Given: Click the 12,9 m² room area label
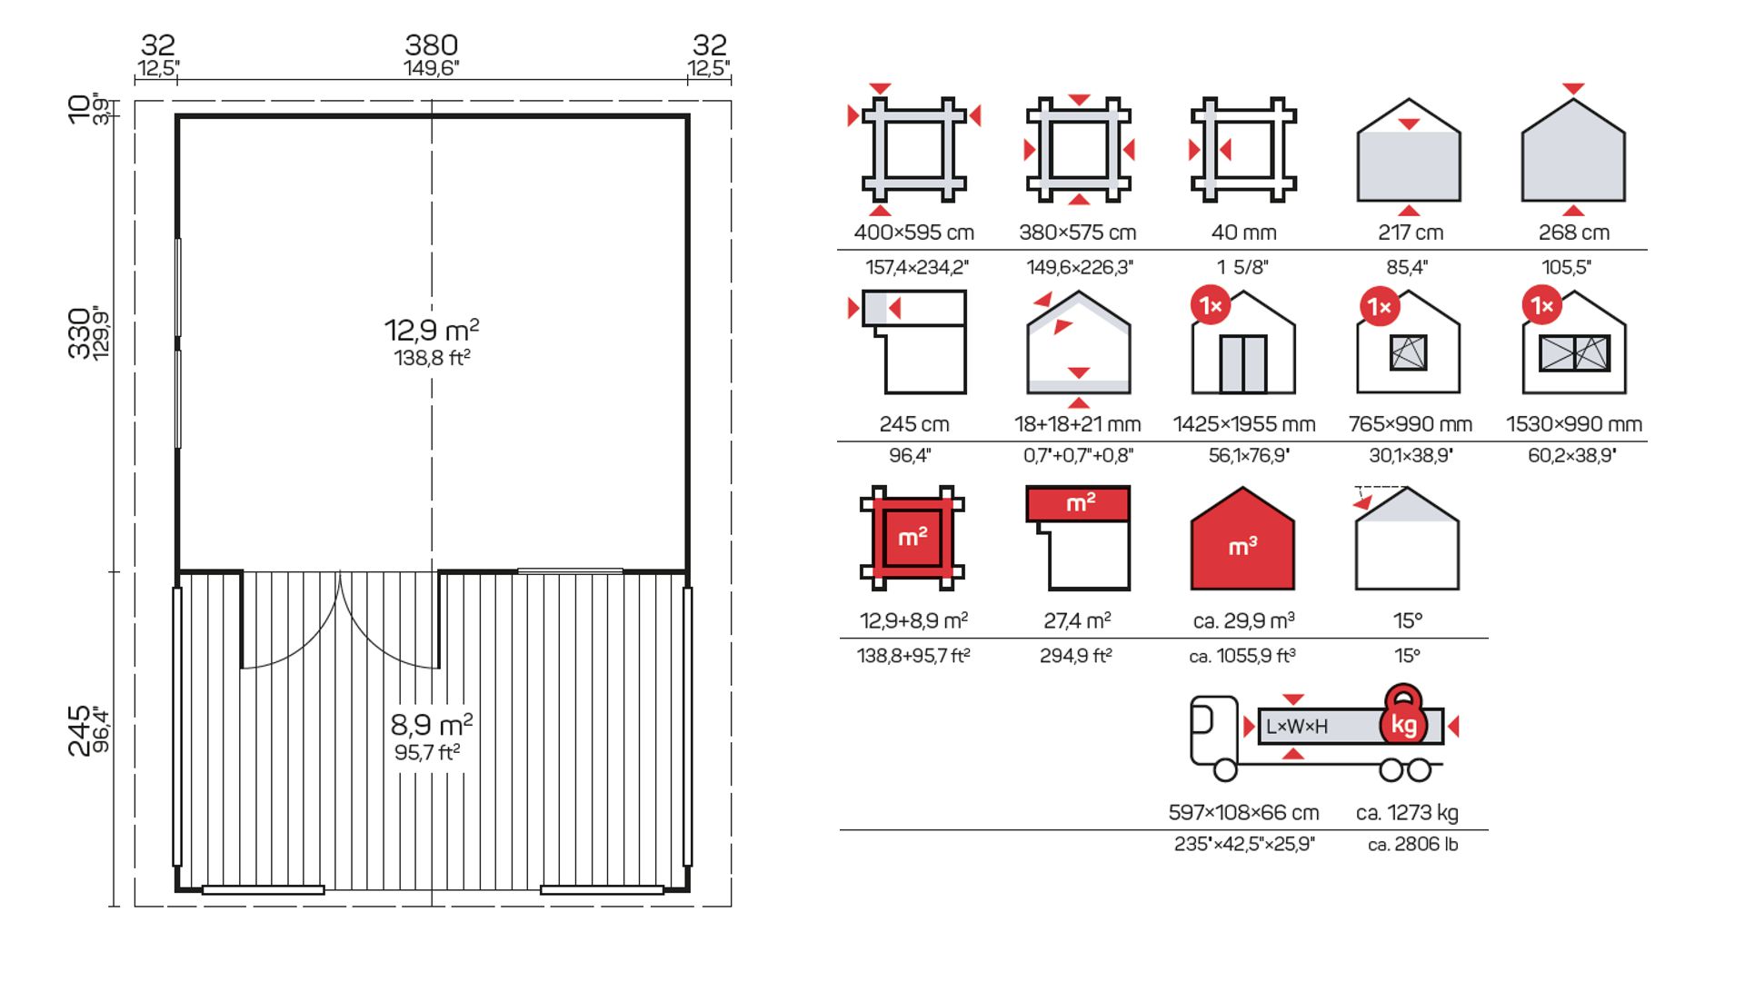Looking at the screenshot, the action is tap(432, 330).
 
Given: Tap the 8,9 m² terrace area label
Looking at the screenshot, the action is tap(432, 725).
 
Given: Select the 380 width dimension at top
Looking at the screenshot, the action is tap(432, 45).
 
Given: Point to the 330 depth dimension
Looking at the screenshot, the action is tap(79, 333).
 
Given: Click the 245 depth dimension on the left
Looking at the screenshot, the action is tap(79, 730).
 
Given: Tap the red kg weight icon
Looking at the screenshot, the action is tap(1404, 715).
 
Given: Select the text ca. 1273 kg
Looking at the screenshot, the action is tap(1407, 812).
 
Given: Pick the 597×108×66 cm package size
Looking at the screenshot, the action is tap(1243, 812).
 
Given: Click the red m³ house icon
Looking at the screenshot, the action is tap(1242, 539).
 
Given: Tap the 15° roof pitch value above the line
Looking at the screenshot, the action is tap(1407, 620).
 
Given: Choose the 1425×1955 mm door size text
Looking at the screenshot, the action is tap(1244, 424).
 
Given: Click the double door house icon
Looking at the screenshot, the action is tap(1243, 342).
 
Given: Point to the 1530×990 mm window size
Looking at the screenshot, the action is tap(1574, 424).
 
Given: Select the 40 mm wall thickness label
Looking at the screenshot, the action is tap(1243, 233).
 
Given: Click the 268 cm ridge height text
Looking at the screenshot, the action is tap(1574, 233).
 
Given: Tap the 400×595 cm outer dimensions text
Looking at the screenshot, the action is tap(914, 233).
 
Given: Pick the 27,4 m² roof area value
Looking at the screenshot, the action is tap(1077, 620).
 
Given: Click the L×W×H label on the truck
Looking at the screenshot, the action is tap(1297, 727).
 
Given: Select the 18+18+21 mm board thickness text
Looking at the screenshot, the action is tap(1078, 424).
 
